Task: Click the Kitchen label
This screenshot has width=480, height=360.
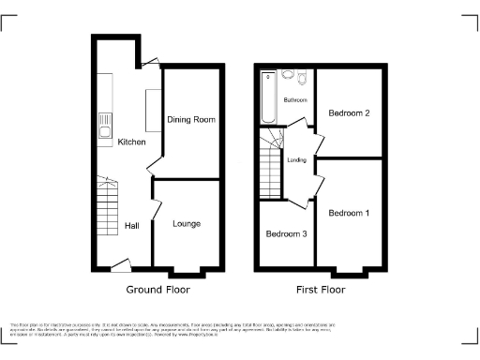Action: [131, 142]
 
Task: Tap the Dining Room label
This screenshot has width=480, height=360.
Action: [191, 120]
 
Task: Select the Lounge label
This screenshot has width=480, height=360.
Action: [187, 224]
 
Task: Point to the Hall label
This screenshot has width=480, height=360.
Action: [132, 226]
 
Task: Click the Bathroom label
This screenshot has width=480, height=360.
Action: [296, 99]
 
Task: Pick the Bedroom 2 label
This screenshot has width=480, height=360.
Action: [348, 113]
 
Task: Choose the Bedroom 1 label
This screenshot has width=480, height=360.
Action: [349, 214]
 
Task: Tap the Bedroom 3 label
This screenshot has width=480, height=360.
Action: [285, 233]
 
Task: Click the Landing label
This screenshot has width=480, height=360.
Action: [297, 159]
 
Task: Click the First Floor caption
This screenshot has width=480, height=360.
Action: [321, 290]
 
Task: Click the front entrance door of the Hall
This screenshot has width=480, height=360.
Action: [118, 265]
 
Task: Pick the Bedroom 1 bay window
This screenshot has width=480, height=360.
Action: [350, 274]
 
